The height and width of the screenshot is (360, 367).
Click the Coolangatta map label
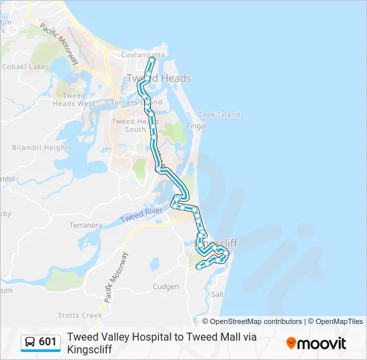tap(141, 55)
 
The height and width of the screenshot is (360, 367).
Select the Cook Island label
tap(218, 115)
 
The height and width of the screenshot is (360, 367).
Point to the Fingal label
tap(197, 125)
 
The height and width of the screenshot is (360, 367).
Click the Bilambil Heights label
tap(41, 147)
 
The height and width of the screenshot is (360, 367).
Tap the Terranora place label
tap(85, 225)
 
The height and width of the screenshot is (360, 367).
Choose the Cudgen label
tap(165, 287)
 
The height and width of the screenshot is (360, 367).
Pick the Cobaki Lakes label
tap(26, 67)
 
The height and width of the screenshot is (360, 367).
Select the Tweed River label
tap(142, 216)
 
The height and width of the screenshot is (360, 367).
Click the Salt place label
tap(217, 294)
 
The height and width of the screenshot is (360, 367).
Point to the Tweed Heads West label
tap(74, 100)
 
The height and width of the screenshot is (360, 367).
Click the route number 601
tap(47, 342)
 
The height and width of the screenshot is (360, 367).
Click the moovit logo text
tap(322, 343)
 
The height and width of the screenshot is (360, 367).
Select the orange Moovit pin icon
tap(291, 343)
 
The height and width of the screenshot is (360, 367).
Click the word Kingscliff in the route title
tap(89, 349)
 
